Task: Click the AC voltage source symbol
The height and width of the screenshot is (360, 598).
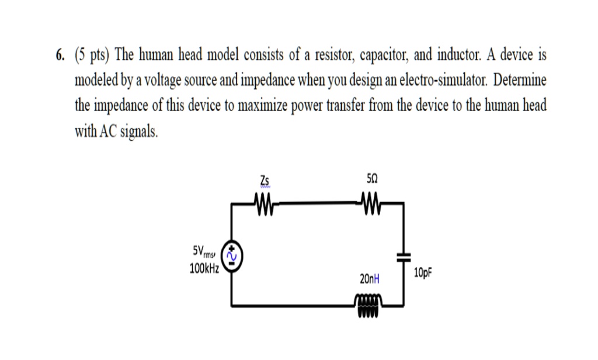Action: click(x=233, y=255)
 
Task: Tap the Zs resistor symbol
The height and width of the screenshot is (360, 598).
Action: click(x=265, y=203)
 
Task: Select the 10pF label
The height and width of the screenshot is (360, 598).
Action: click(x=425, y=272)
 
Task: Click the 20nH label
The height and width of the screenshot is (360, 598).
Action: click(x=370, y=280)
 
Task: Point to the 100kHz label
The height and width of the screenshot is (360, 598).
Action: click(x=204, y=269)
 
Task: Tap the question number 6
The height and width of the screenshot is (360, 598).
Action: click(x=60, y=56)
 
